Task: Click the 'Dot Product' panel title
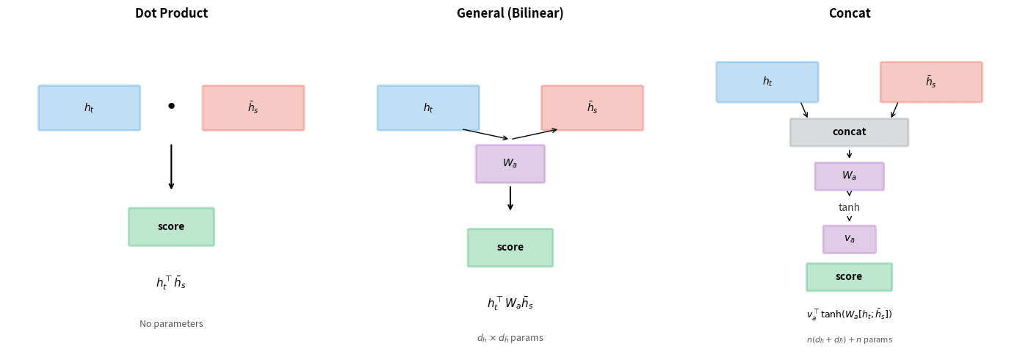pos(171,13)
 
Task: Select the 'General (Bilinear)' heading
pos(510,13)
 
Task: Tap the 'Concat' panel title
pos(849,13)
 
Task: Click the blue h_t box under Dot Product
pos(89,108)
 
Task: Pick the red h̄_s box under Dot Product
pos(253,108)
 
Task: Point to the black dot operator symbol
pos(171,106)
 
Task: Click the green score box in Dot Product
pos(171,226)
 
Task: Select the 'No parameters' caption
pos(171,324)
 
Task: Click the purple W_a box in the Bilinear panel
pos(510,164)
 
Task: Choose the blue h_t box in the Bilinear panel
pos(428,108)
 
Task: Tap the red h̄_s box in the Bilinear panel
pos(592,108)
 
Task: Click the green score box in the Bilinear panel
pos(510,248)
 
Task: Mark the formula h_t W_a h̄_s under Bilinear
pos(510,303)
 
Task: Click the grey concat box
pos(849,132)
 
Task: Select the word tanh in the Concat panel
pos(849,208)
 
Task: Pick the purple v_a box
pos(849,239)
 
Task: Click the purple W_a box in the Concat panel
pos(849,176)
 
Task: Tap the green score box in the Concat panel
pos(849,277)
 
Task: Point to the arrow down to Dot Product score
pos(171,167)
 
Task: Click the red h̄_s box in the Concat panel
pos(930,82)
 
